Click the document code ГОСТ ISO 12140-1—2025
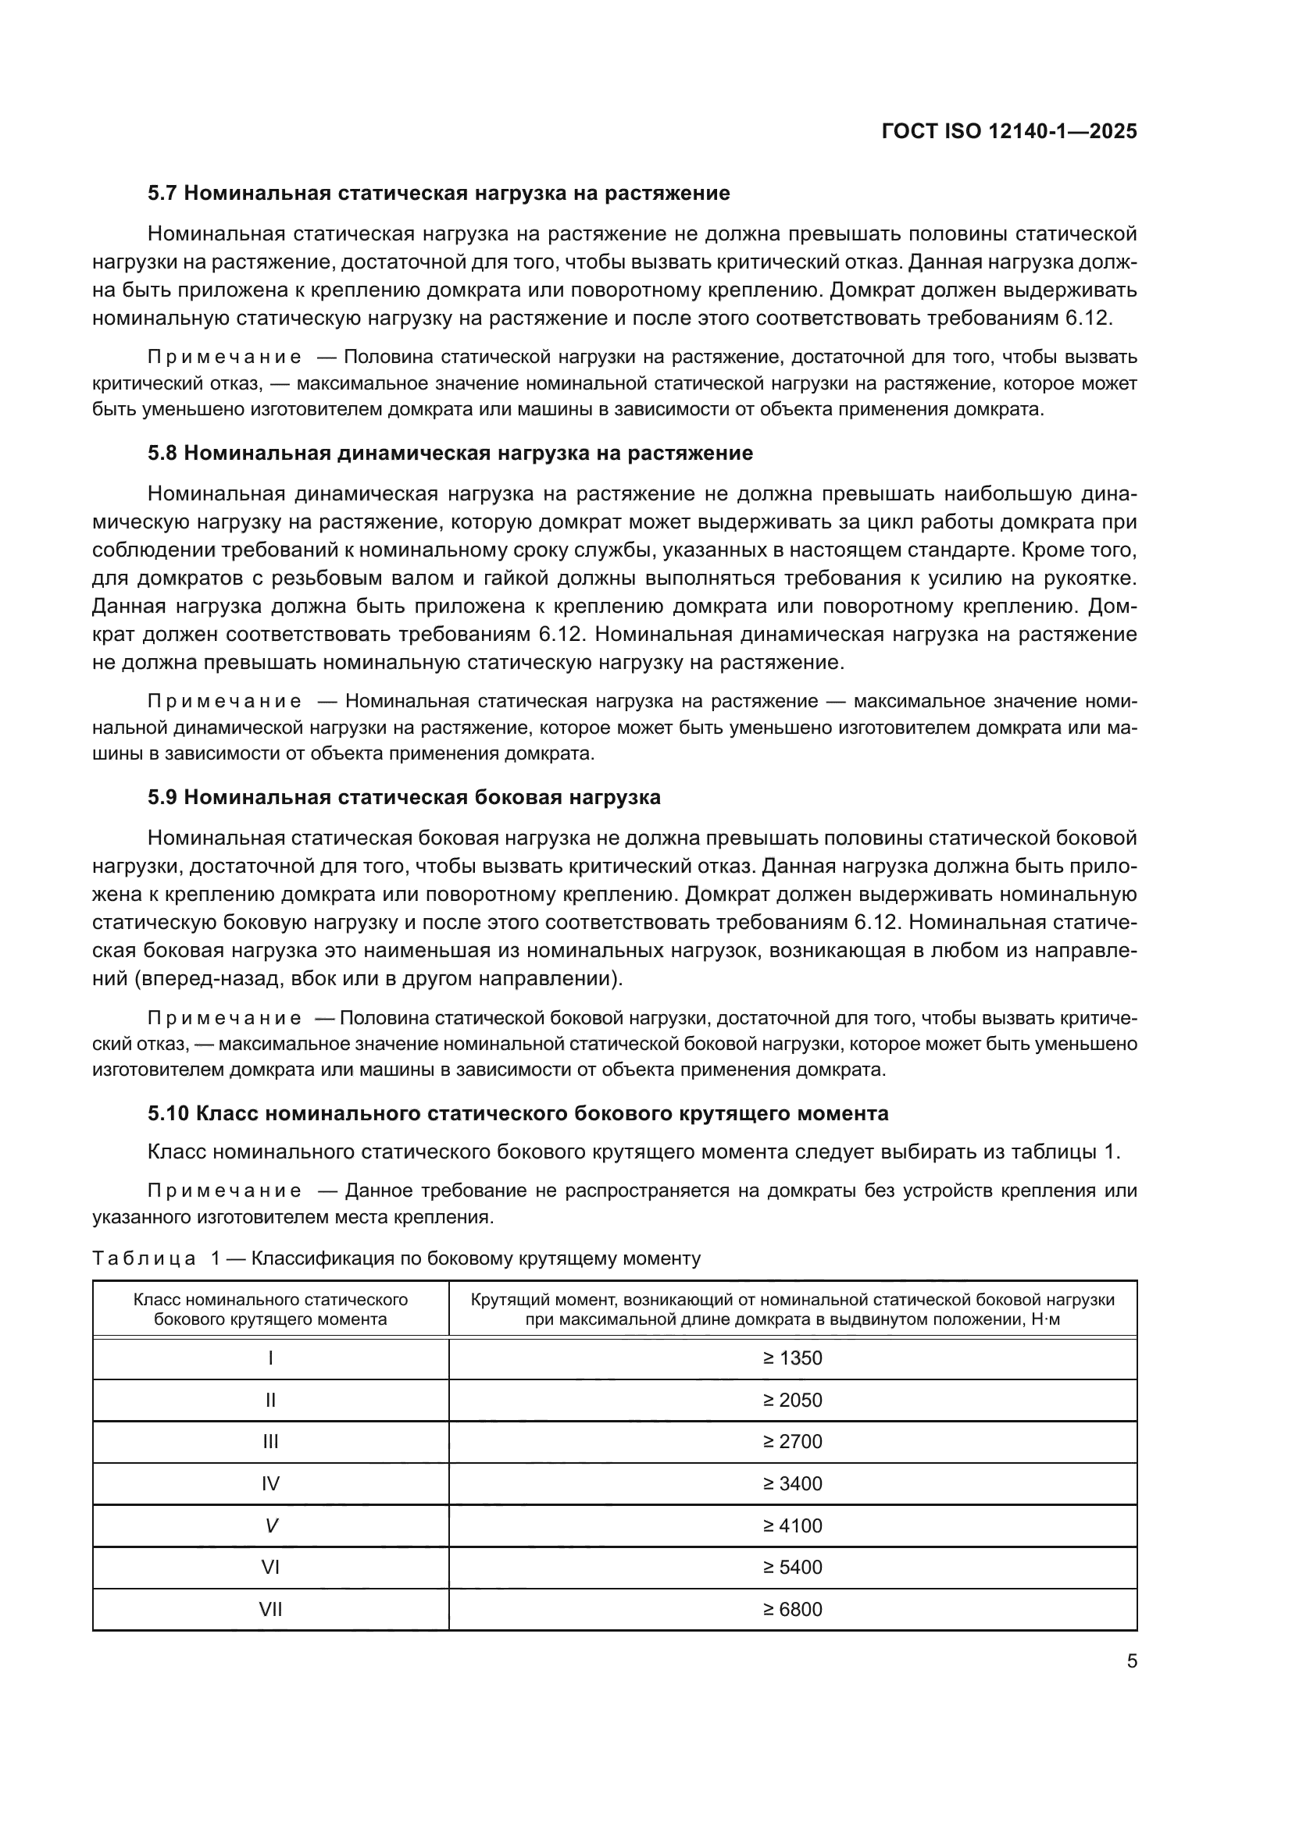click(x=1008, y=131)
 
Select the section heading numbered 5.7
click(x=438, y=194)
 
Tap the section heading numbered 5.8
click(x=449, y=454)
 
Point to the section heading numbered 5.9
click(x=403, y=798)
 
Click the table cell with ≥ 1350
click(x=792, y=1358)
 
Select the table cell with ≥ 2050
click(x=792, y=1400)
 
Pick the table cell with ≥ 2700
click(x=792, y=1442)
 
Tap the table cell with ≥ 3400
click(x=792, y=1484)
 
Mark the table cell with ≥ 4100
click(x=792, y=1525)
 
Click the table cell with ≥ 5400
click(x=792, y=1568)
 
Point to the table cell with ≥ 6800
click(x=792, y=1610)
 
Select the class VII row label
click(x=270, y=1610)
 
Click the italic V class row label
click(x=270, y=1525)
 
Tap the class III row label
click(x=270, y=1442)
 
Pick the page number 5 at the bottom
click(x=1131, y=1661)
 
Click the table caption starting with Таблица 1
click(x=396, y=1259)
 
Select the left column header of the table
click(x=270, y=1309)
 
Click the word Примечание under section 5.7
click(x=224, y=358)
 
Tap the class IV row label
click(x=270, y=1484)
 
